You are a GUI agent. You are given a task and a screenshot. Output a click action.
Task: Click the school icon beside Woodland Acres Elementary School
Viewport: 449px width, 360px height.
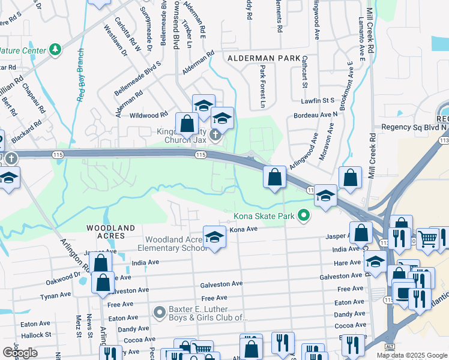point(214,237)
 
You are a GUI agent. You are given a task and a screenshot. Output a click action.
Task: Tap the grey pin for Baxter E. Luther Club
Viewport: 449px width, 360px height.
point(159,313)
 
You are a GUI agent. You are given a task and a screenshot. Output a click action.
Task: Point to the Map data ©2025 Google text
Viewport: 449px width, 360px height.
point(412,355)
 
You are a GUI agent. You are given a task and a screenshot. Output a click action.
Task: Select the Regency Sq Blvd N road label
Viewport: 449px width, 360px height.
point(414,127)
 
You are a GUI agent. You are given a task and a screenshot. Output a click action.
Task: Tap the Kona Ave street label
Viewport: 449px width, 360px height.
point(244,229)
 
